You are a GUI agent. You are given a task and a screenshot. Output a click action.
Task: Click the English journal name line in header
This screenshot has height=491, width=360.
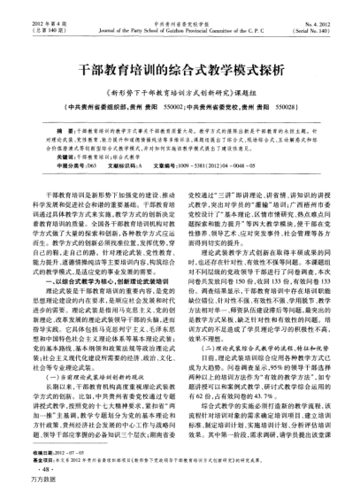tap(180, 17)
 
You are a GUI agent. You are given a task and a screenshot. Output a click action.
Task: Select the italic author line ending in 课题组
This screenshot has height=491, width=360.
tap(180, 90)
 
